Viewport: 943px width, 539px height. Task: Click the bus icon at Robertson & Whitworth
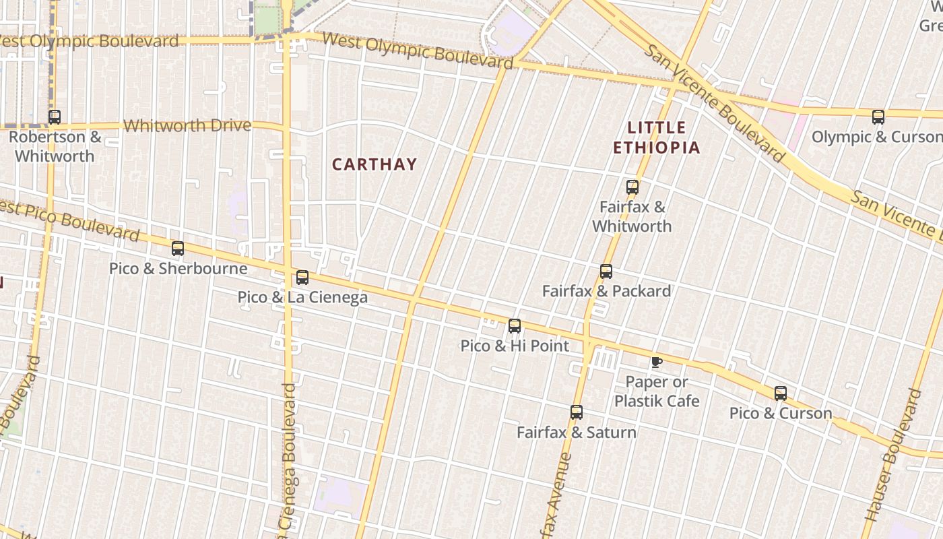click(55, 117)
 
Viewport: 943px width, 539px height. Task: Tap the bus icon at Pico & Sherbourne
click(178, 249)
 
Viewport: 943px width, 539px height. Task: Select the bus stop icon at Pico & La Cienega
click(302, 278)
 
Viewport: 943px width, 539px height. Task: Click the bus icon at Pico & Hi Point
click(515, 326)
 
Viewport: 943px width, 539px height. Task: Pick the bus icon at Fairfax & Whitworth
click(632, 187)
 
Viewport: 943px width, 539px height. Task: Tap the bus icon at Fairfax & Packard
click(606, 272)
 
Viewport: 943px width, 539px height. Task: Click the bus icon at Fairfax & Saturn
click(577, 412)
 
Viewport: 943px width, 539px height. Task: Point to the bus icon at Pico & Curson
click(781, 393)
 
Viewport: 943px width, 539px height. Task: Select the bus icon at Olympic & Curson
click(878, 117)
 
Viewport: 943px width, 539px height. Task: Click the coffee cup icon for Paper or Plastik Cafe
click(657, 362)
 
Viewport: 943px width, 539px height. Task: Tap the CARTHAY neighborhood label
click(375, 164)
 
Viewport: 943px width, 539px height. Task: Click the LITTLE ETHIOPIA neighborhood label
click(657, 137)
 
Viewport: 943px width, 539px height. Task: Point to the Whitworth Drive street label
click(187, 125)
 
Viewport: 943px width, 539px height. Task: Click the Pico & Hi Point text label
click(515, 346)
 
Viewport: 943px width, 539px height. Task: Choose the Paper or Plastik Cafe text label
click(657, 391)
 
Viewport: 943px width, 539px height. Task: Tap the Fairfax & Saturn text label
click(577, 432)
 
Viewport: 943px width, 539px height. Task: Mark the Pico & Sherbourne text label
click(178, 268)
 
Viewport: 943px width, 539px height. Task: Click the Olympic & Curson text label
click(877, 137)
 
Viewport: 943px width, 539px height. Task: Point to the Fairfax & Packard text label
click(606, 291)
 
